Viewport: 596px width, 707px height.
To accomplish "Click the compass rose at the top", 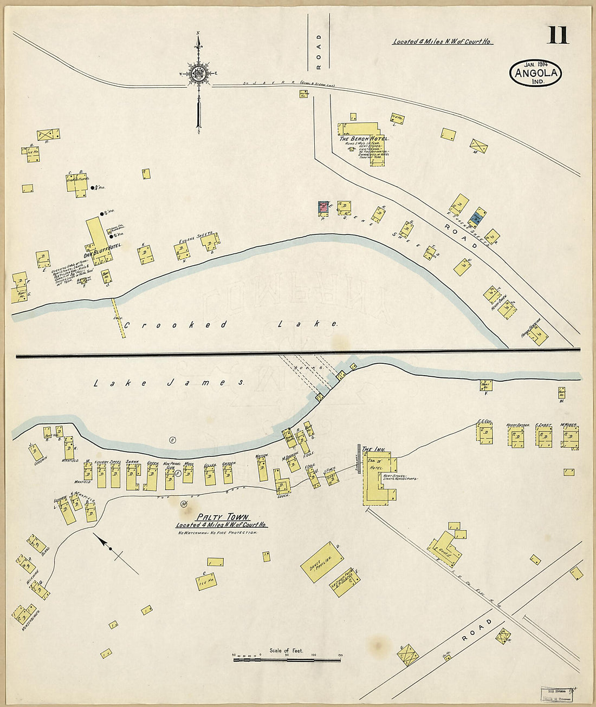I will point(199,74).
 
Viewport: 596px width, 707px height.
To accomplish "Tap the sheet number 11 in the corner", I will point(558,35).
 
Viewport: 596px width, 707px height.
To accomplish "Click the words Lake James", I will point(169,383).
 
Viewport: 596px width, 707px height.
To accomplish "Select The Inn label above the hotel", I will point(373,449).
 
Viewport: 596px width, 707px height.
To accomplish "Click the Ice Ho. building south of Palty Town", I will point(206,582).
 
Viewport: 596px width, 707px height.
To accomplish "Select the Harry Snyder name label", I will point(517,425).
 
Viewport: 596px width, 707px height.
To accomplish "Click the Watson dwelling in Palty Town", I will point(263,469).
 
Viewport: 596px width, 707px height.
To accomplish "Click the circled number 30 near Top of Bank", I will point(184,504).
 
